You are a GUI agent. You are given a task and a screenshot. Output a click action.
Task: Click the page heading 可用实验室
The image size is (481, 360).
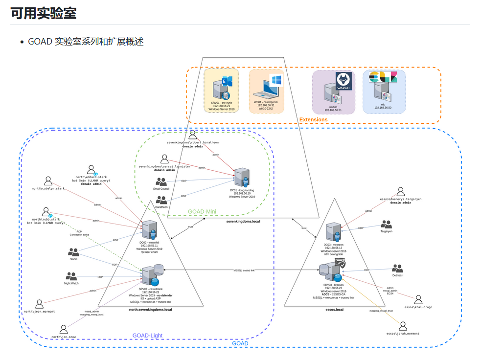pos(44,13)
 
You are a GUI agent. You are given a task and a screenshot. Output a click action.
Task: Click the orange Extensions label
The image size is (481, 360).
pos(313,119)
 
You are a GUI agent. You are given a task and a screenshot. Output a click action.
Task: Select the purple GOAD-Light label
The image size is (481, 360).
pos(147,336)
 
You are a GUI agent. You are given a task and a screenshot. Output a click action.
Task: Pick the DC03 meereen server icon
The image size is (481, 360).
pos(334,232)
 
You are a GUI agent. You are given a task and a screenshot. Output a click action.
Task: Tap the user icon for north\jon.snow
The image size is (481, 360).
pos(64,329)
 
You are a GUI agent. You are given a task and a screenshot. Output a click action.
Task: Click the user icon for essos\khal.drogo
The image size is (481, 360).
pos(418,299)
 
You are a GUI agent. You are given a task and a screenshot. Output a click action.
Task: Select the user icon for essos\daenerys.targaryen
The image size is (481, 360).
pos(401,191)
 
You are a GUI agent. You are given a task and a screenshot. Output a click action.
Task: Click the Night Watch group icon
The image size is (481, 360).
pos(71,276)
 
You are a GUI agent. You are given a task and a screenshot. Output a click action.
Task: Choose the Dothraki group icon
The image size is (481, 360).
pos(397,269)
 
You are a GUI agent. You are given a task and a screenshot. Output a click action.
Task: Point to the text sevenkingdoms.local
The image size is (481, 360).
pos(243,222)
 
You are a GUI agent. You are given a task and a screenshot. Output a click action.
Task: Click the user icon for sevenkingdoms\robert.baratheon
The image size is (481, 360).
pos(193,135)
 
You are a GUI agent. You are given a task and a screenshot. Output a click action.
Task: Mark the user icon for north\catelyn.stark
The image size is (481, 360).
pos(48,181)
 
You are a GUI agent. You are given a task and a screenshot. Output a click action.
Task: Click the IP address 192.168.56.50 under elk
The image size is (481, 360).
pos(383,107)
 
